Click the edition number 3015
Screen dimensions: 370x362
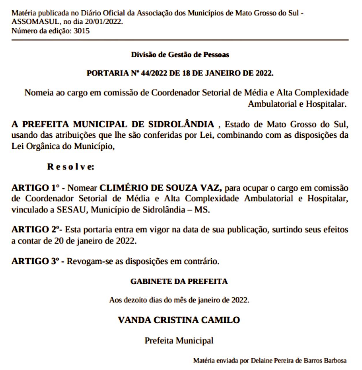pyautogui.click(x=82, y=31)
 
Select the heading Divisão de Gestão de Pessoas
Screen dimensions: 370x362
pyautogui.click(x=180, y=55)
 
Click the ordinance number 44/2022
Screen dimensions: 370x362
pyautogui.click(x=154, y=73)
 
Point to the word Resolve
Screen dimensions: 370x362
pyautogui.click(x=70, y=167)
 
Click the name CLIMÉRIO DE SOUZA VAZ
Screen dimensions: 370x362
pyautogui.click(x=160, y=188)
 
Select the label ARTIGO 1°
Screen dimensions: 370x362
pyautogui.click(x=35, y=188)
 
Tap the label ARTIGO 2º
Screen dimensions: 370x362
pyautogui.click(x=36, y=230)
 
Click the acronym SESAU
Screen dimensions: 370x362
pyautogui.click(x=72, y=210)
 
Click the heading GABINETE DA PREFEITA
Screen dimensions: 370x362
pyautogui.click(x=179, y=281)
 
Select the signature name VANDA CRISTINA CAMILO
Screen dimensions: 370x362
pyautogui.click(x=179, y=320)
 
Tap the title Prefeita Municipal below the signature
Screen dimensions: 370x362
pyautogui.click(x=179, y=341)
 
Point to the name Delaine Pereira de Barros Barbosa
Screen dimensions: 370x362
pyautogui.click(x=299, y=360)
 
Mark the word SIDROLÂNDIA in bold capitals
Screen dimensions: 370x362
pyautogui.click(x=181, y=124)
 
